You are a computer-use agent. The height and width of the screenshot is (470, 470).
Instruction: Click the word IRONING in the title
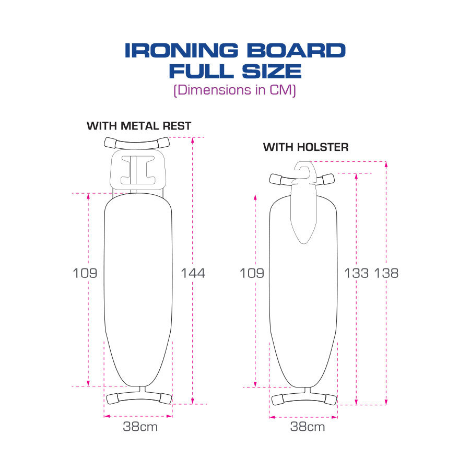[175, 51]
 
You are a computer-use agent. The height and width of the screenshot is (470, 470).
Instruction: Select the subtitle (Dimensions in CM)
[234, 89]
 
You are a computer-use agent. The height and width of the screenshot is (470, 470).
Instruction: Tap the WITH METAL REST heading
[139, 126]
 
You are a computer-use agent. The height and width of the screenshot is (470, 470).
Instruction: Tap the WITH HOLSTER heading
[305, 147]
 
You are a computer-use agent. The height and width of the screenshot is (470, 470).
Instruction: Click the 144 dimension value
[193, 273]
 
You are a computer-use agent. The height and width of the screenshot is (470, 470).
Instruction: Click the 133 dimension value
[357, 273]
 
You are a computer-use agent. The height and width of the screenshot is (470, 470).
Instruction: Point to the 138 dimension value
[386, 273]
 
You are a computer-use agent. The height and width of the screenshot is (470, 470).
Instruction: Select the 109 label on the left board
[85, 273]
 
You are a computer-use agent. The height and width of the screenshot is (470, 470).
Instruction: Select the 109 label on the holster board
[252, 273]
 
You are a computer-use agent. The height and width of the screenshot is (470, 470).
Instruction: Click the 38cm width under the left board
[140, 427]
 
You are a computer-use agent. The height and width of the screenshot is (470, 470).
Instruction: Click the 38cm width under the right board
[308, 427]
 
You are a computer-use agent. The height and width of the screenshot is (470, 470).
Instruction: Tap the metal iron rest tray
[138, 170]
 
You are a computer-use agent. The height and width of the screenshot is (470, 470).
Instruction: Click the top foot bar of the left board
[138, 142]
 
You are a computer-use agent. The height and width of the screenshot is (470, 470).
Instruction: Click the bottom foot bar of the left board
[138, 397]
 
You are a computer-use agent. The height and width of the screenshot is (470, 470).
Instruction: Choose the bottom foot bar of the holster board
[304, 398]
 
